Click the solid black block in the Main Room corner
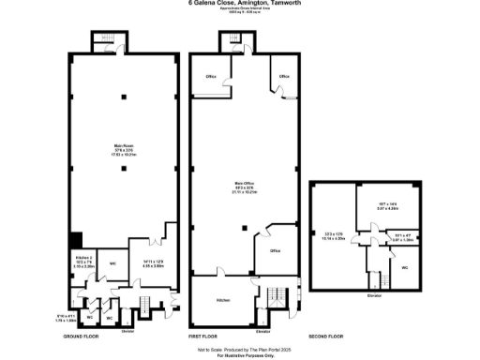point(78,241)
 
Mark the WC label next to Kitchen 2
point(111,263)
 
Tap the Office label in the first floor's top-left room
point(211,77)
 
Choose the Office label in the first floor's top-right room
point(284,75)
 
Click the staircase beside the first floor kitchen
point(273,297)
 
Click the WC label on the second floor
point(404,267)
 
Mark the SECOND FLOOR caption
point(326,335)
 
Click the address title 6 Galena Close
point(239,3)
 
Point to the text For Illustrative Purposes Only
point(239,355)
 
